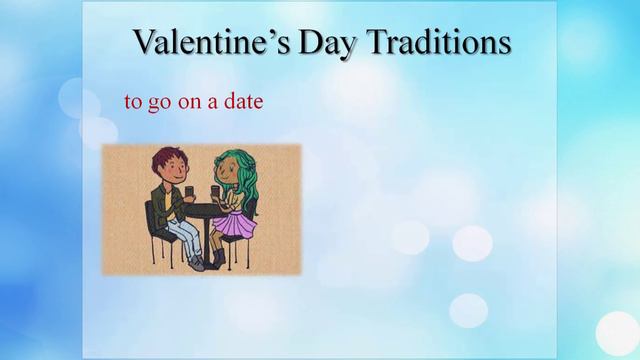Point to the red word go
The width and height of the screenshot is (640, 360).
pos(158,102)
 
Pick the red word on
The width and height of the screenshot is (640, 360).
pos(190,102)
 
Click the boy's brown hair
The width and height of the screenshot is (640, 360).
pos(167,158)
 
